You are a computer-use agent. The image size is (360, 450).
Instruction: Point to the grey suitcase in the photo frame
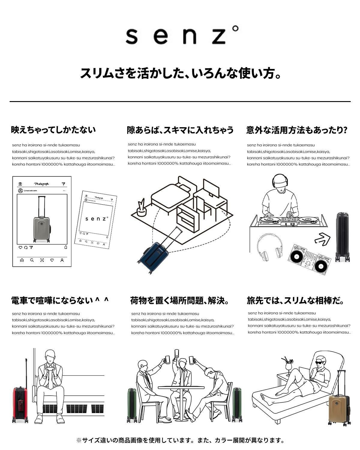[41, 228]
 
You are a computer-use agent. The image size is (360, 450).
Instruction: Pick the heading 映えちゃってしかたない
[53, 130]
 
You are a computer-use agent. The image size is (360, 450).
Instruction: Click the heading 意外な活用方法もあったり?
[297, 130]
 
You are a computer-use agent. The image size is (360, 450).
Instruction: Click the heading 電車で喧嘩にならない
[60, 301]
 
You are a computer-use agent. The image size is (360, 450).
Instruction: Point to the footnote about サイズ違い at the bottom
[180, 440]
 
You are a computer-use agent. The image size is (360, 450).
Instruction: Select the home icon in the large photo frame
[22, 260]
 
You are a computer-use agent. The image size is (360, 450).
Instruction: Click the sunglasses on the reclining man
[320, 363]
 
